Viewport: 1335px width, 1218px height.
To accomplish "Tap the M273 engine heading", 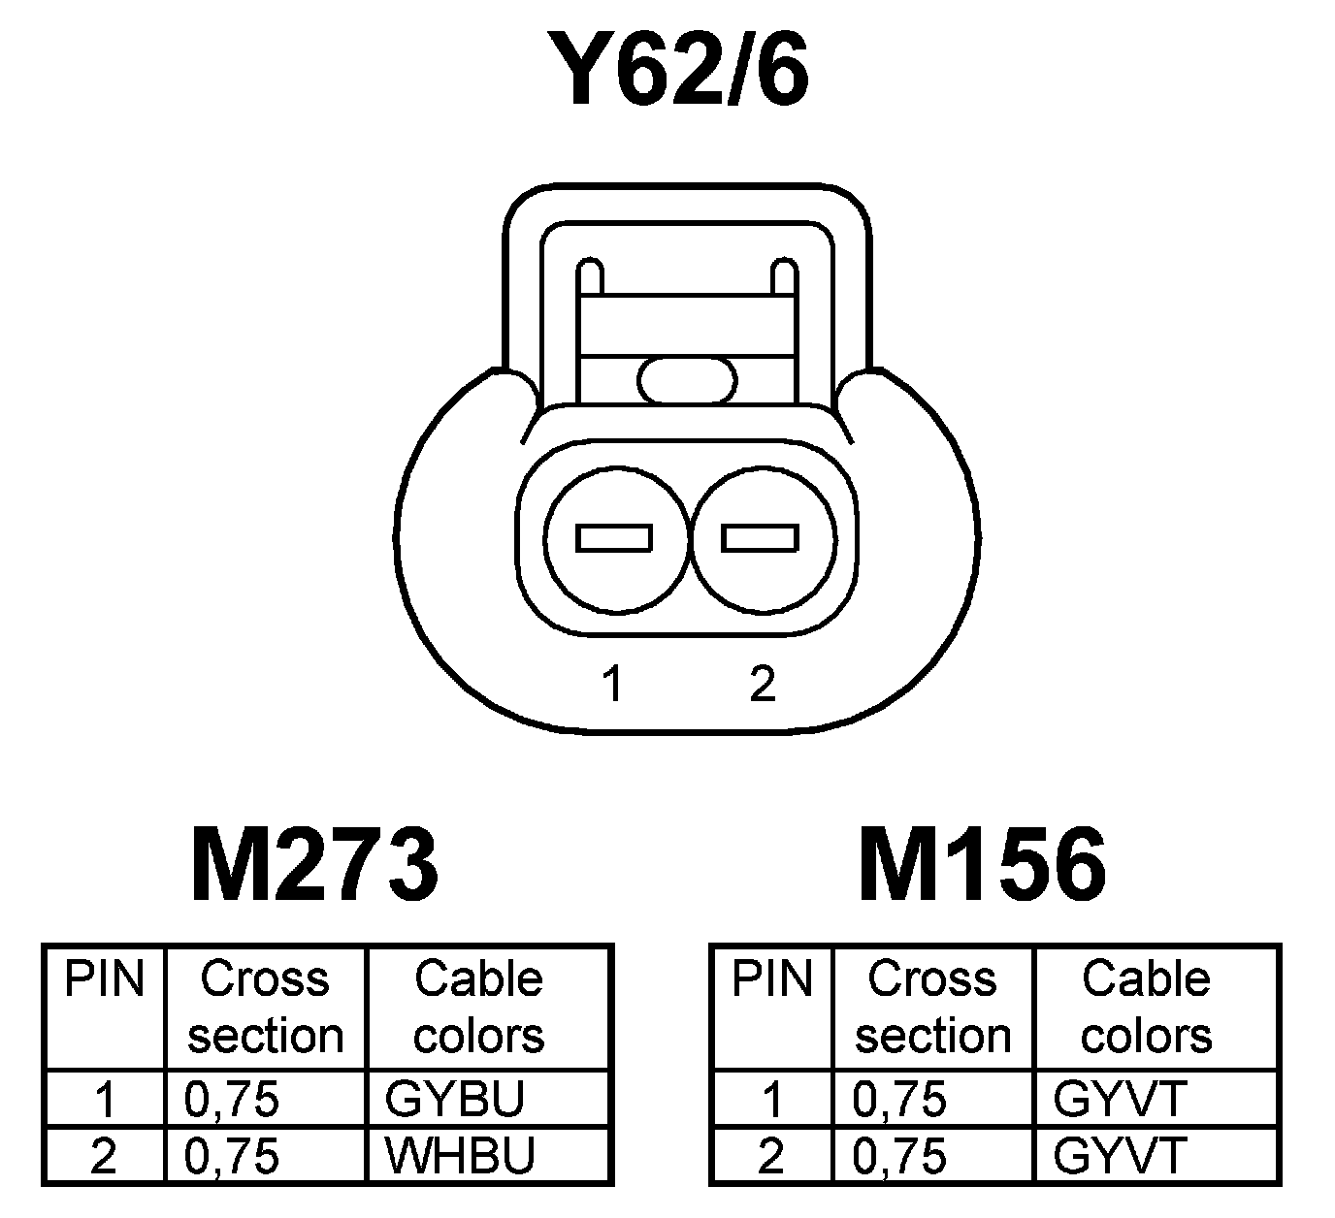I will (x=315, y=864).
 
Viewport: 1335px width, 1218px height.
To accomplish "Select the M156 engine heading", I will (x=982, y=864).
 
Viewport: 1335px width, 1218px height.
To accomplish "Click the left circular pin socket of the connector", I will (x=615, y=538).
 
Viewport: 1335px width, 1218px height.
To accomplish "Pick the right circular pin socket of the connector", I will (x=761, y=538).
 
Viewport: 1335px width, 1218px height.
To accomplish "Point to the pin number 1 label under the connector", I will (x=612, y=685).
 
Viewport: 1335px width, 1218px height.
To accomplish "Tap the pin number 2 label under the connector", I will (x=763, y=685).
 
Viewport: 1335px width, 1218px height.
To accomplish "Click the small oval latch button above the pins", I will (x=687, y=379).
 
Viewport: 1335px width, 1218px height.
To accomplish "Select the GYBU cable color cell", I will (x=455, y=1100).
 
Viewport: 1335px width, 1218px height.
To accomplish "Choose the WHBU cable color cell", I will (x=460, y=1156).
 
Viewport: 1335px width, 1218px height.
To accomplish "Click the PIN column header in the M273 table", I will (x=104, y=979).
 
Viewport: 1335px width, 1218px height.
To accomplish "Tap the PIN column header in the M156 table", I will (x=771, y=979).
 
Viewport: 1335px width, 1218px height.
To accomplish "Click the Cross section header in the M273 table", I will (x=265, y=1008).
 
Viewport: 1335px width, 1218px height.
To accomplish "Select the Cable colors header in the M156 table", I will (x=1146, y=1008).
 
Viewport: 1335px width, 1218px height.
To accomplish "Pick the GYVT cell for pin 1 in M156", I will (x=1120, y=1100).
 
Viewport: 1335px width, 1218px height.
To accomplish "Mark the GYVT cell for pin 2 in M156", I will (x=1120, y=1156).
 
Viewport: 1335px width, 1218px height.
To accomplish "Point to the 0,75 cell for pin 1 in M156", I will (x=898, y=1100).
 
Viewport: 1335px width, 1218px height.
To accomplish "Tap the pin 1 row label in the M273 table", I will (x=105, y=1100).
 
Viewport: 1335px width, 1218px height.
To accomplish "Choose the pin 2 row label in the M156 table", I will (x=771, y=1156).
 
